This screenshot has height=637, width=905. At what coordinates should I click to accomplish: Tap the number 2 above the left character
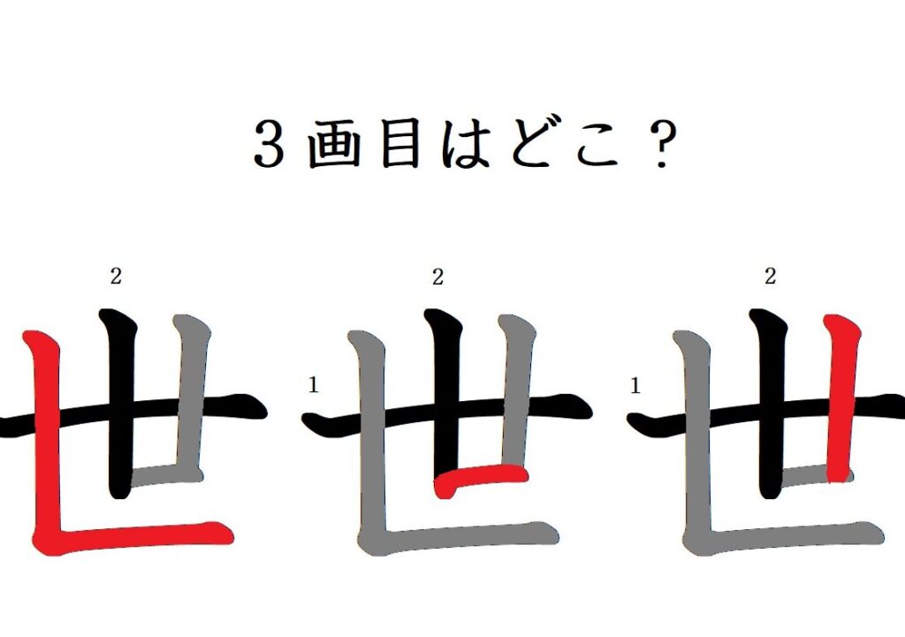pyautogui.click(x=116, y=277)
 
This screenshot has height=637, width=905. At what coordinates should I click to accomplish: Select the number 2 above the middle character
pyautogui.click(x=437, y=277)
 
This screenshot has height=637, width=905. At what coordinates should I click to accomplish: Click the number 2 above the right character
pyautogui.click(x=770, y=277)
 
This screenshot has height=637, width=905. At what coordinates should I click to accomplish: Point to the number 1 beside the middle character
pyautogui.click(x=314, y=385)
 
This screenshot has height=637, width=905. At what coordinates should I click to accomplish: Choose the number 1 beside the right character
pyautogui.click(x=635, y=385)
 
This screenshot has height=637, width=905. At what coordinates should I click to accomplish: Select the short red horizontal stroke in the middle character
pyautogui.click(x=480, y=478)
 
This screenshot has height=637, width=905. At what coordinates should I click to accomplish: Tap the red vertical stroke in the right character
pyautogui.click(x=841, y=398)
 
